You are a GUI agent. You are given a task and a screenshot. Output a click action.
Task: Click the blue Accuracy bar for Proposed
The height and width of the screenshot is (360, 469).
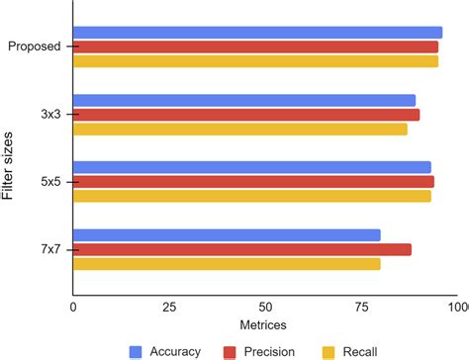(x=257, y=33)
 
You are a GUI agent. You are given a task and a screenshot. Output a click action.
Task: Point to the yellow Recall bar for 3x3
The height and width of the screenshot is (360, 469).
(x=240, y=129)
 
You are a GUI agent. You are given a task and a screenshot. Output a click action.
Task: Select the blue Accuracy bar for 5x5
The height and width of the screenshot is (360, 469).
(x=252, y=167)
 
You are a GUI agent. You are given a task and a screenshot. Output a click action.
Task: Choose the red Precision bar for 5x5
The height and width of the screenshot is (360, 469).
(x=253, y=181)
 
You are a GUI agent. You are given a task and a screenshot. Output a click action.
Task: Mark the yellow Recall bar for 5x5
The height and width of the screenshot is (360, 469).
(x=252, y=196)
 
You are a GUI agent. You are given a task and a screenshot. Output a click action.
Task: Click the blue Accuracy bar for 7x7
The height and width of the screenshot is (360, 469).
(x=227, y=234)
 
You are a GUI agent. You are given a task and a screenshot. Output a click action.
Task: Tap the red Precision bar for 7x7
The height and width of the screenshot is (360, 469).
(x=242, y=249)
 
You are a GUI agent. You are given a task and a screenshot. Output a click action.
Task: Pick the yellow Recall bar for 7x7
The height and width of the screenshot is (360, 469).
(x=227, y=263)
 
